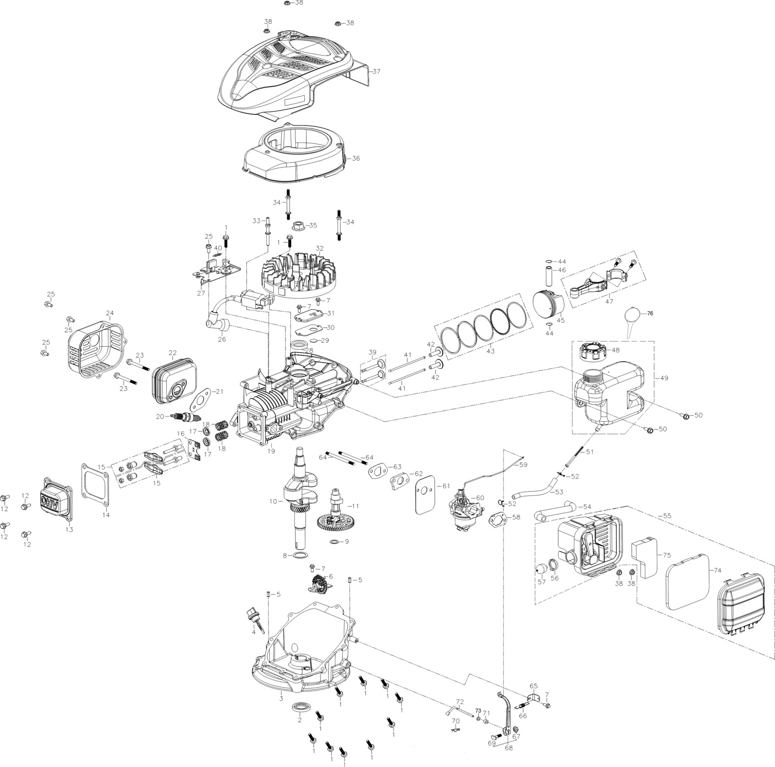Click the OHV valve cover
(56, 500)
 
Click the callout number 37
(377, 71)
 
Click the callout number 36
(356, 158)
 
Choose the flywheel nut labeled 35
(299, 226)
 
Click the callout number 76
(650, 313)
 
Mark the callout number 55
(667, 516)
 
